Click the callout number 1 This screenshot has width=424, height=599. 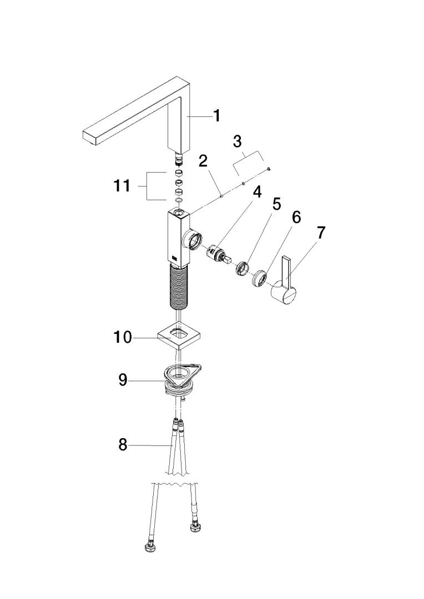[217, 116]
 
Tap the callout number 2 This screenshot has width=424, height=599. [203, 161]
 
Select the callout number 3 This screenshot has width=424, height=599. [238, 141]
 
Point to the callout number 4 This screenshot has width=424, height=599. [258, 192]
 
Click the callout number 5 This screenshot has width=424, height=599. [276, 204]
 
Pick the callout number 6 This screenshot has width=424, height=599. [296, 217]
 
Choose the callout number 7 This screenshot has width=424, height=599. [321, 232]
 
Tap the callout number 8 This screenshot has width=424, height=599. [122, 445]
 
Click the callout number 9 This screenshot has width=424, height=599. [122, 380]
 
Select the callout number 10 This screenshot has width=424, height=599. [123, 337]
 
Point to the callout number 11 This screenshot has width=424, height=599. [122, 186]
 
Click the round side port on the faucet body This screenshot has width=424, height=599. [193, 240]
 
